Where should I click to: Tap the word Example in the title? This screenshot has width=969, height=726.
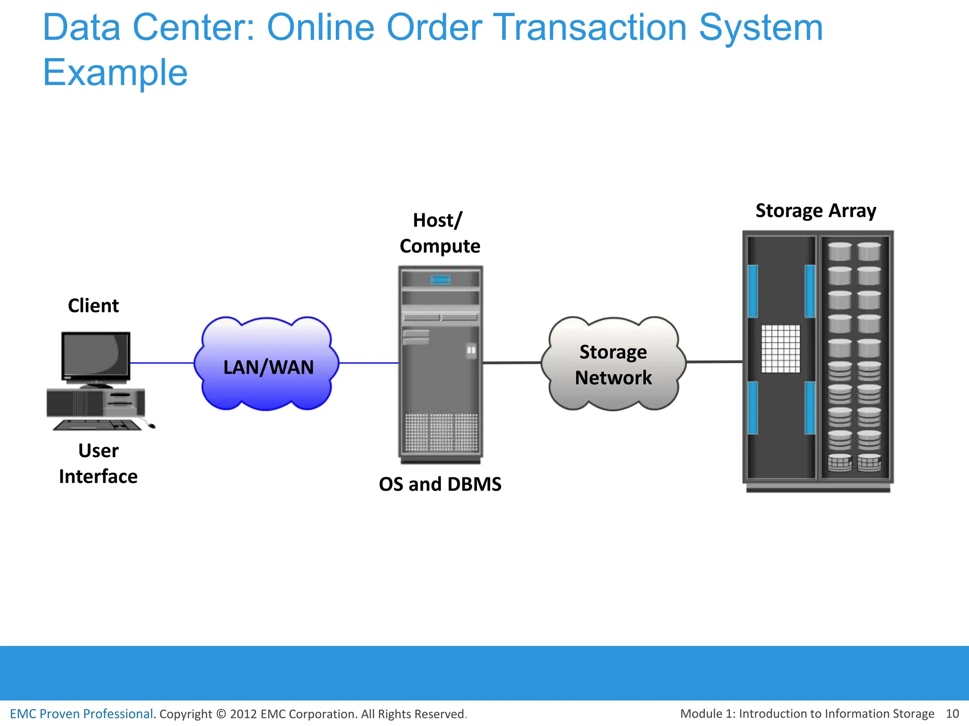click(x=115, y=73)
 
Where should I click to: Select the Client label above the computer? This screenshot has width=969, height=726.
click(x=93, y=306)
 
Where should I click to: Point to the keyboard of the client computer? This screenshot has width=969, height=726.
click(x=97, y=425)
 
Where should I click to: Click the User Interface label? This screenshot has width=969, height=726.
click(x=98, y=463)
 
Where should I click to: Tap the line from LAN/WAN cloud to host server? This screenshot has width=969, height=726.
click(x=369, y=363)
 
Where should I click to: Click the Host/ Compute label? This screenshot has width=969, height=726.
click(x=440, y=233)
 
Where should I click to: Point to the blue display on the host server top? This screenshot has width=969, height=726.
click(x=440, y=280)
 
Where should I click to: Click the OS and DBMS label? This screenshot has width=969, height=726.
click(x=440, y=484)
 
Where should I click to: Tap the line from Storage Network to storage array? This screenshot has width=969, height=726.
click(x=714, y=362)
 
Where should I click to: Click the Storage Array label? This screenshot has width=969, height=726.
click(x=816, y=210)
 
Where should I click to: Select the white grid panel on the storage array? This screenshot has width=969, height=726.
click(x=781, y=349)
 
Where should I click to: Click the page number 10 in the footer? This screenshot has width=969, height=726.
click(x=952, y=714)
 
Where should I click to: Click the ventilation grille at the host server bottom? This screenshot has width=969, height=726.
click(x=441, y=432)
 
